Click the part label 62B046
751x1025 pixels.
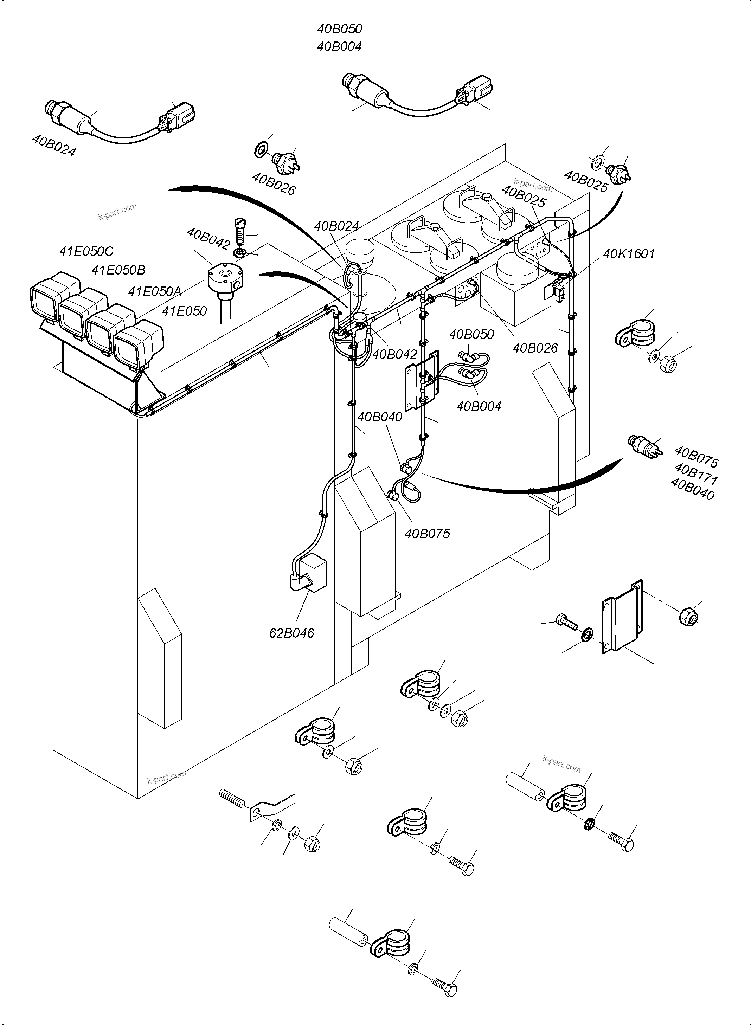click(291, 633)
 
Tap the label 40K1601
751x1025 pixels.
click(628, 254)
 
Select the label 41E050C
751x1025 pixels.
click(86, 251)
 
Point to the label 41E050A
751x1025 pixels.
click(155, 291)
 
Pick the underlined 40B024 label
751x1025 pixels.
click(336, 226)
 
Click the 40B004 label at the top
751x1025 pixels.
click(339, 46)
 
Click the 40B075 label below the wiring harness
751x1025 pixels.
click(427, 533)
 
